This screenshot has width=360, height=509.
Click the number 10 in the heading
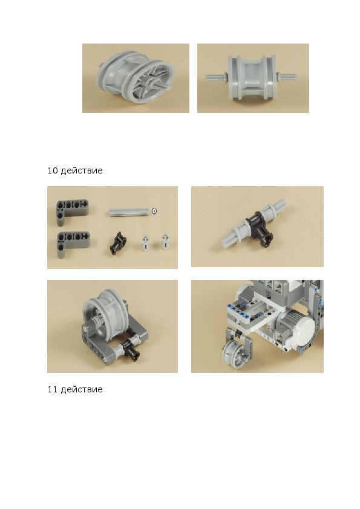pyautogui.click(x=52, y=170)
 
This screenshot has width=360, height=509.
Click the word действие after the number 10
pyautogui.click(x=82, y=170)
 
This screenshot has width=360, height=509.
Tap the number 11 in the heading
pyautogui.click(x=52, y=389)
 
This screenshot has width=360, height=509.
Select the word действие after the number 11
pyautogui.click(x=82, y=389)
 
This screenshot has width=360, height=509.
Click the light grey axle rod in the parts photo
pyautogui.click(x=129, y=212)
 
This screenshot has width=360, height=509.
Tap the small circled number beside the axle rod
pyautogui.click(x=154, y=211)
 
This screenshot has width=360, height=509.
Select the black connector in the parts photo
pyautogui.click(x=118, y=243)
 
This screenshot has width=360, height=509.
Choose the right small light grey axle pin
pyautogui.click(x=165, y=242)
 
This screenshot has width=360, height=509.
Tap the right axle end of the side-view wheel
pyautogui.click(x=287, y=77)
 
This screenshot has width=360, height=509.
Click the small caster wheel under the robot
pyautogui.click(x=234, y=353)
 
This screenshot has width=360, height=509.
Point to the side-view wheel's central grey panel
pyautogui.click(x=252, y=78)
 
